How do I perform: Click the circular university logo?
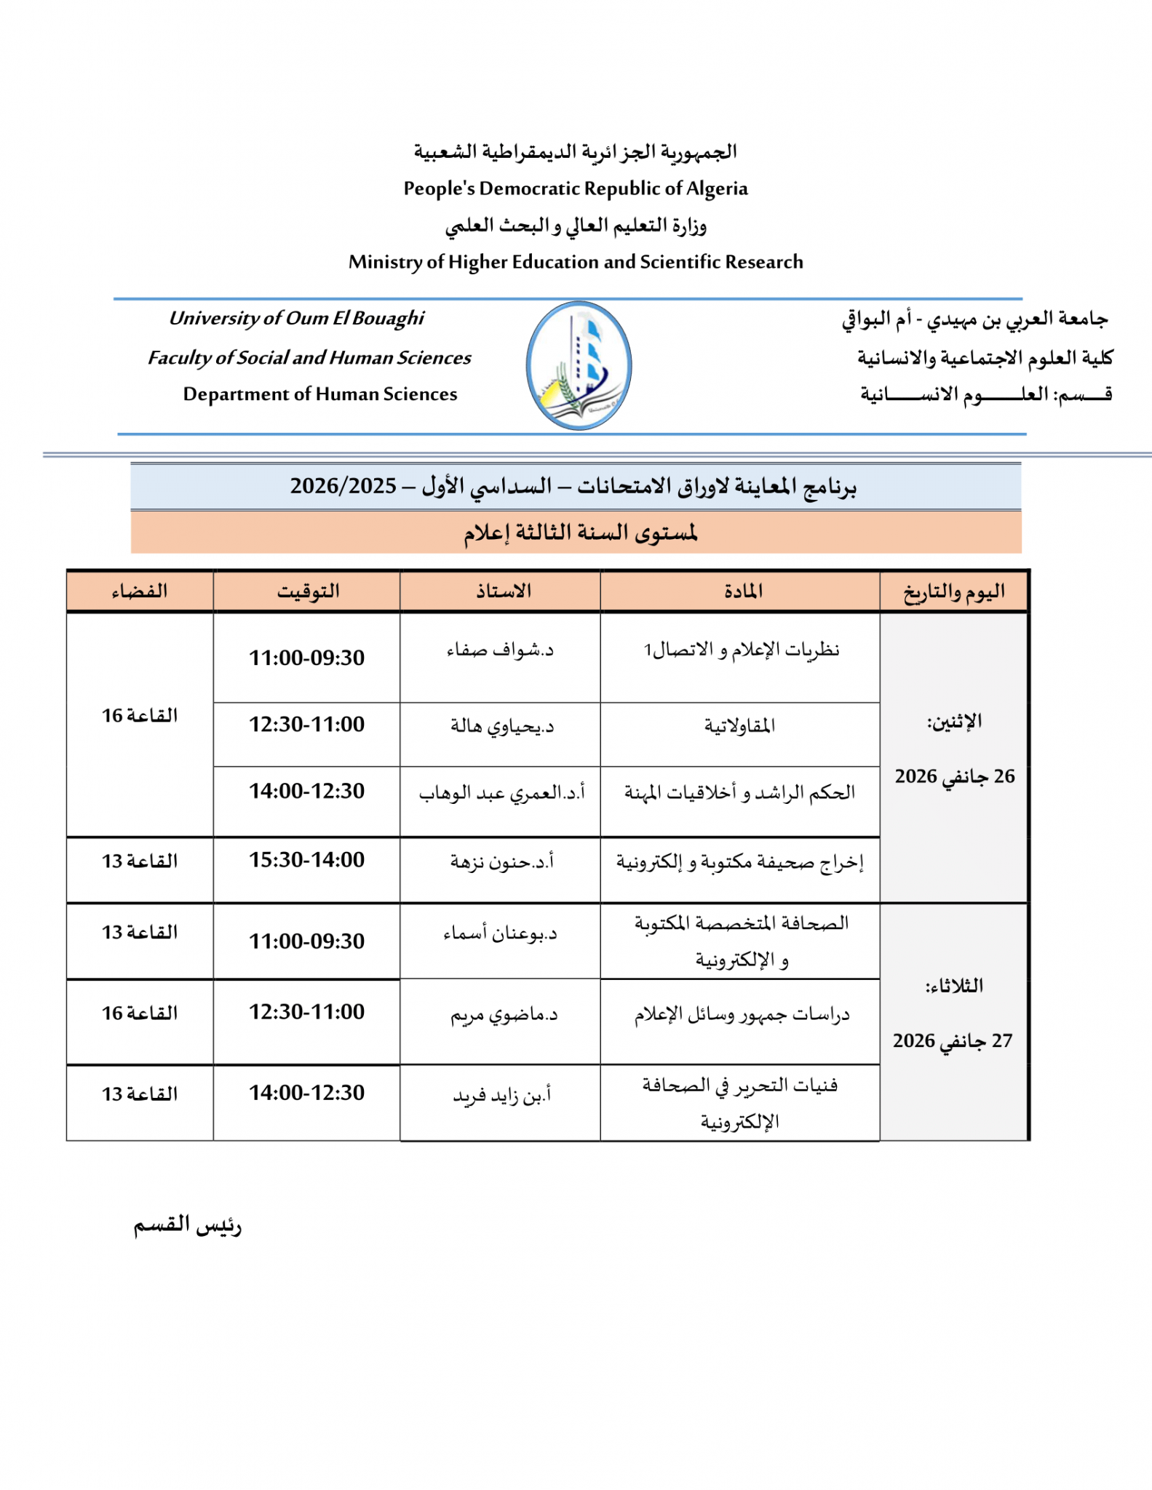click(579, 365)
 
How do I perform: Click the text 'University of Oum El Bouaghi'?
click(296, 318)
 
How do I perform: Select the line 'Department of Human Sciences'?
click(320, 394)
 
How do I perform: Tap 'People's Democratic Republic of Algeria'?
click(576, 188)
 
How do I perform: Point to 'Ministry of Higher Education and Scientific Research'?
click(576, 262)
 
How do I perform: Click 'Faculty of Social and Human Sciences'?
click(309, 357)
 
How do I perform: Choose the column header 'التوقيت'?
click(308, 591)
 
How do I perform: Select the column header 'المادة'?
click(743, 591)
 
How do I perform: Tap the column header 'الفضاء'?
click(140, 591)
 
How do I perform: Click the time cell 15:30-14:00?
click(307, 860)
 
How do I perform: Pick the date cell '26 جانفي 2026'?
click(954, 776)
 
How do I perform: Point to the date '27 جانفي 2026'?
click(953, 1040)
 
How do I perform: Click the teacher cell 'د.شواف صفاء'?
click(501, 650)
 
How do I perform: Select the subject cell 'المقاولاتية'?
click(739, 725)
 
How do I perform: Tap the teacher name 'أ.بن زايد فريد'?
click(502, 1094)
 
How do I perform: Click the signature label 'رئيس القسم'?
click(187, 1225)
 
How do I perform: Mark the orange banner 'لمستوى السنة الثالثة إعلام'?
click(580, 533)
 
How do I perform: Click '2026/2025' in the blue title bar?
click(343, 486)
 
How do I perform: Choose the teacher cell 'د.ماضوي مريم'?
click(504, 1014)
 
